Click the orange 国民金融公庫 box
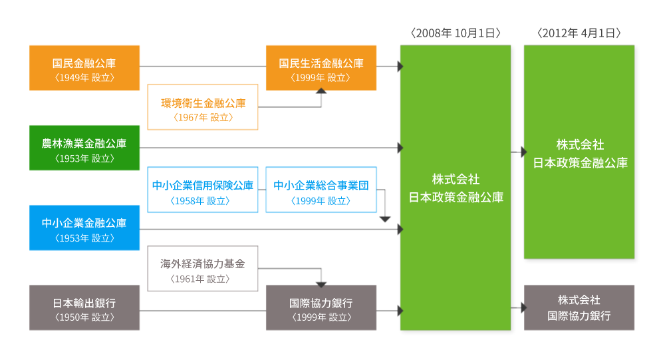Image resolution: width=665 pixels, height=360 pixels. pyautogui.click(x=84, y=67)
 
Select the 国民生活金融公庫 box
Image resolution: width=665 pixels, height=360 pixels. pyautogui.click(x=321, y=67)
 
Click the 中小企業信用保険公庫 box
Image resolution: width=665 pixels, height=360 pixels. pyautogui.click(x=203, y=190)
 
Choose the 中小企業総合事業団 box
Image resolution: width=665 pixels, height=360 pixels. pyautogui.click(x=321, y=190)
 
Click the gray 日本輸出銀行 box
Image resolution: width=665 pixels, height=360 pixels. pyautogui.click(x=84, y=307)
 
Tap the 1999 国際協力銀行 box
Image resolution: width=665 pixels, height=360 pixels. pyautogui.click(x=321, y=307)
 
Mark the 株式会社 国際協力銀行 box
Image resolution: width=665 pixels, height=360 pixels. pyautogui.click(x=579, y=307)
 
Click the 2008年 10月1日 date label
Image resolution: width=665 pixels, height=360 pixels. pyautogui.click(x=456, y=32)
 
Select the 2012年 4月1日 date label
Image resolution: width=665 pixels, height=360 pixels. pyautogui.click(x=579, y=32)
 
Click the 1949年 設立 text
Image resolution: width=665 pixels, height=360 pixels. pyautogui.click(x=84, y=77)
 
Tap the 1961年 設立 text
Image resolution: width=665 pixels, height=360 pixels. pyautogui.click(x=203, y=279)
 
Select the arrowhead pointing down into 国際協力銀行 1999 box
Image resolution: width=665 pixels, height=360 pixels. pyautogui.click(x=321, y=281)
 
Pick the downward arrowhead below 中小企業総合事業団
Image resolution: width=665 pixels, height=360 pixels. pyautogui.click(x=385, y=218)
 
